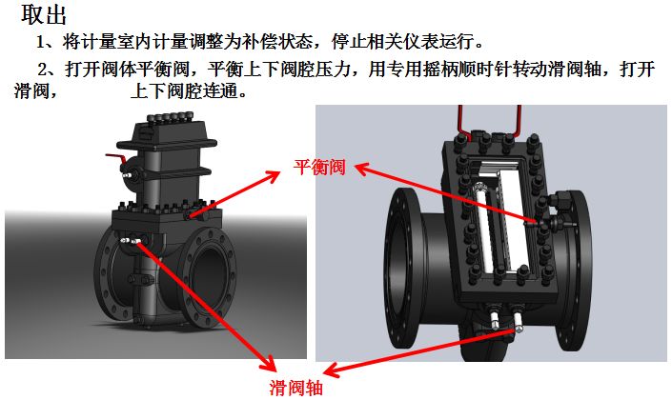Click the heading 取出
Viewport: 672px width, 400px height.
pos(43,15)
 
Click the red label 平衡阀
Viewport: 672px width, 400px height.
pos(318,166)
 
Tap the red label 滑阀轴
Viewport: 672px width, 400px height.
pos(298,387)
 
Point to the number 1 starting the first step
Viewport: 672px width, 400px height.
pos(42,43)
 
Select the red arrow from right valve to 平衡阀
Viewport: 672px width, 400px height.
pos(443,194)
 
